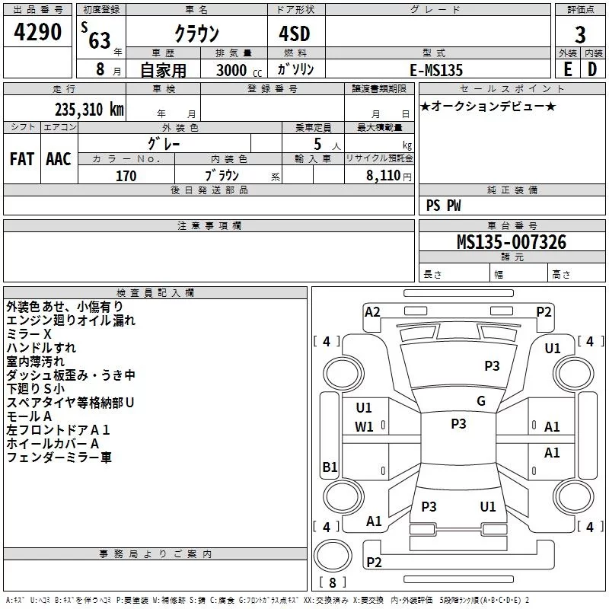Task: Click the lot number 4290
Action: point(37,32)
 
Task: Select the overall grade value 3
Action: point(580,35)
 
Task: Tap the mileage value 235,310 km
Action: point(89,110)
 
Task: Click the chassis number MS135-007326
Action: point(512,242)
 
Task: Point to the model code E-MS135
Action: point(436,70)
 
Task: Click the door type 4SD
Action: point(295,33)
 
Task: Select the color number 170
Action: point(126,176)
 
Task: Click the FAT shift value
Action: point(22,159)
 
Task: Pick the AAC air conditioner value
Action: point(59,159)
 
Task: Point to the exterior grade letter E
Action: point(567,69)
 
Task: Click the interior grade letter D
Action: point(592,69)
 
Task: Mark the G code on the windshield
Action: point(481,401)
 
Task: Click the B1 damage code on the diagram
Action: point(330,467)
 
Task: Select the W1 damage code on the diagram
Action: point(364,427)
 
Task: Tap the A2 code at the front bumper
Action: point(372,312)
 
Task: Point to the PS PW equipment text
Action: point(443,206)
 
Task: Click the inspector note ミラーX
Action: point(29,334)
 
